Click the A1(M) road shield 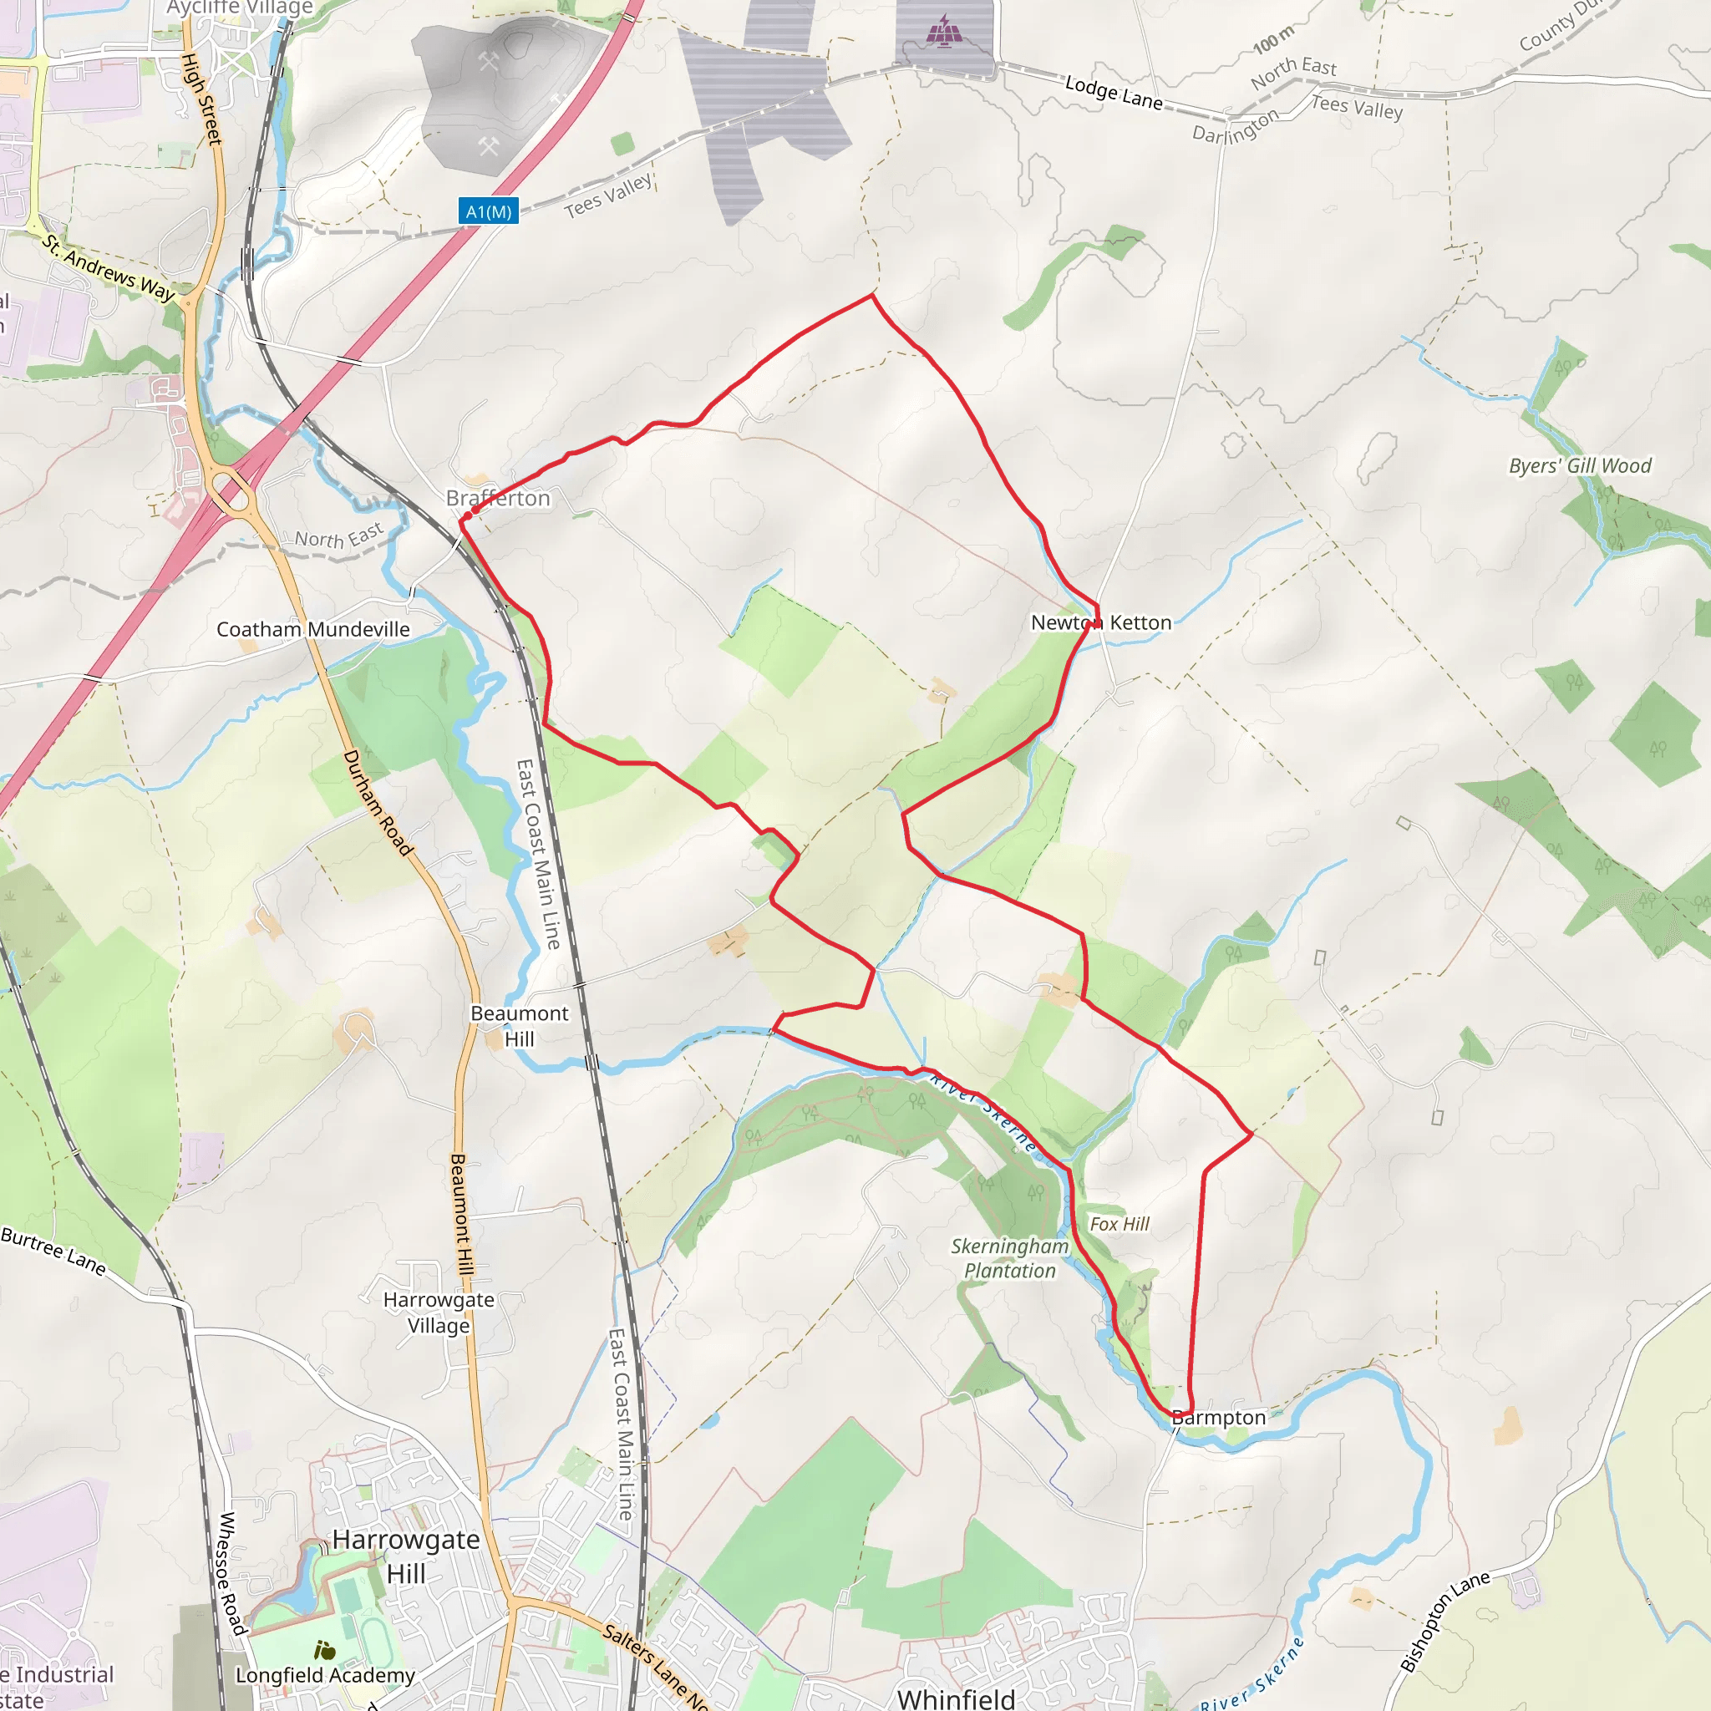click(488, 211)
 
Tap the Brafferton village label click(498, 499)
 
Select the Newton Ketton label click(1101, 622)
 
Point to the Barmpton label click(1219, 1418)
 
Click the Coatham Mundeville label click(313, 630)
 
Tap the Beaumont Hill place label click(519, 1026)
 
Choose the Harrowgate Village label click(439, 1312)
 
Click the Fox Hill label click(1120, 1224)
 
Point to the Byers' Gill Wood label click(1580, 466)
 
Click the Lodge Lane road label click(1113, 93)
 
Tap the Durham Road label click(378, 803)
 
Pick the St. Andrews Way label click(108, 267)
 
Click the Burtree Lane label click(53, 1251)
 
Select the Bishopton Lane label click(1445, 1622)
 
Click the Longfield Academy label click(325, 1676)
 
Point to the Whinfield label click(957, 1698)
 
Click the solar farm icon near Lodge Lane click(944, 31)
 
